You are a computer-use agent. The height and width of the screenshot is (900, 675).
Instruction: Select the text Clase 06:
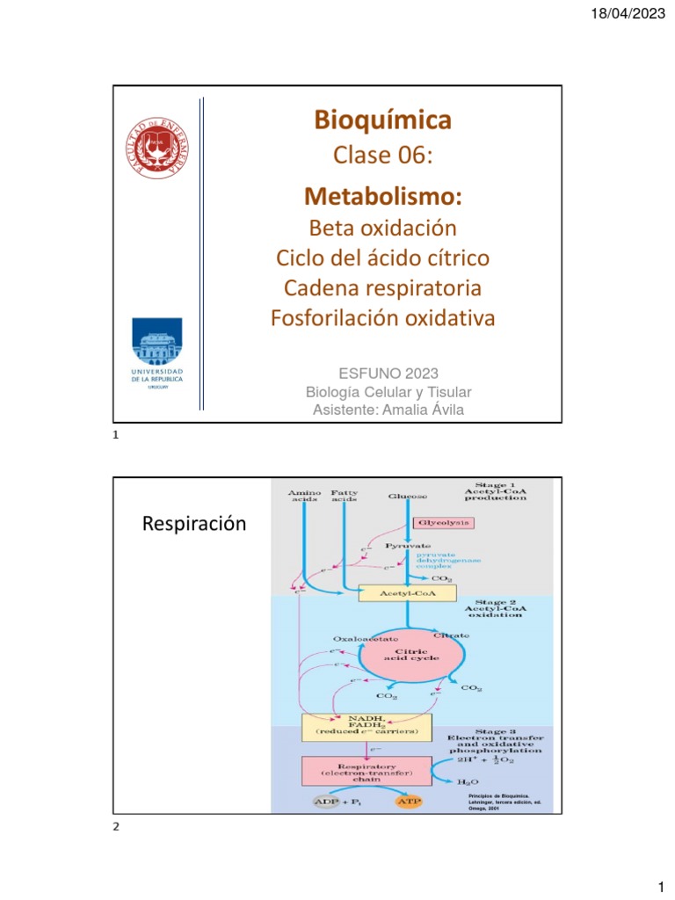pos(382,156)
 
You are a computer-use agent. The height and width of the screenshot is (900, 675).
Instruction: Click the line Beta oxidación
pos(382,228)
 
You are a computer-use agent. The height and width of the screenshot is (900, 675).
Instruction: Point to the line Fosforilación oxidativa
pos(382,317)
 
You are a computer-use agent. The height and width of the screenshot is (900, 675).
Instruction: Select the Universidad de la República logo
pos(158,357)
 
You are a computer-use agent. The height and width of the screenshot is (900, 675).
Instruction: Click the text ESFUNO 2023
pos(382,373)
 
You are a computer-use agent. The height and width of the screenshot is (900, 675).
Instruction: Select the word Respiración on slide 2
pos(193,525)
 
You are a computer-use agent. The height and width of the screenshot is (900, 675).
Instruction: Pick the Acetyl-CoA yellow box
pos(408,593)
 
